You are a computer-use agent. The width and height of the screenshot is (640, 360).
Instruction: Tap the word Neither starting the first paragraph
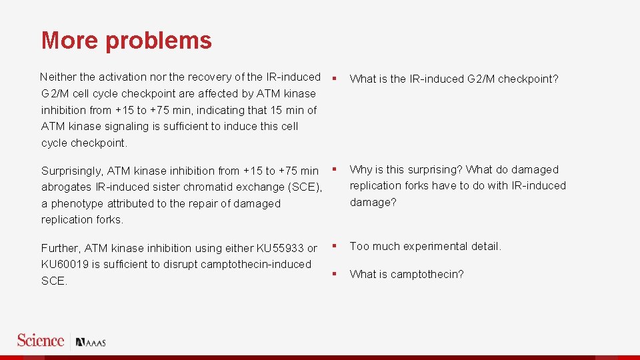pyautogui.click(x=59, y=77)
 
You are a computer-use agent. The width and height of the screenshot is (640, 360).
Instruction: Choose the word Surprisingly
pyautogui.click(x=72, y=171)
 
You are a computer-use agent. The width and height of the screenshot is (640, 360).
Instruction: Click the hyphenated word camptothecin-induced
pyautogui.click(x=258, y=265)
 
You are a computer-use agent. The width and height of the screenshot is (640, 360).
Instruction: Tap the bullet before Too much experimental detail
pyautogui.click(x=335, y=246)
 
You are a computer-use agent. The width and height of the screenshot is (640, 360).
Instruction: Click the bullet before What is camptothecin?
pyautogui.click(x=335, y=274)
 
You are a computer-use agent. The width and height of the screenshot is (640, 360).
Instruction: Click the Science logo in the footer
pyautogui.click(x=41, y=341)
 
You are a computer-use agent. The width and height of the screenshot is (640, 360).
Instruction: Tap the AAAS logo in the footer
pyautogui.click(x=91, y=343)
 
